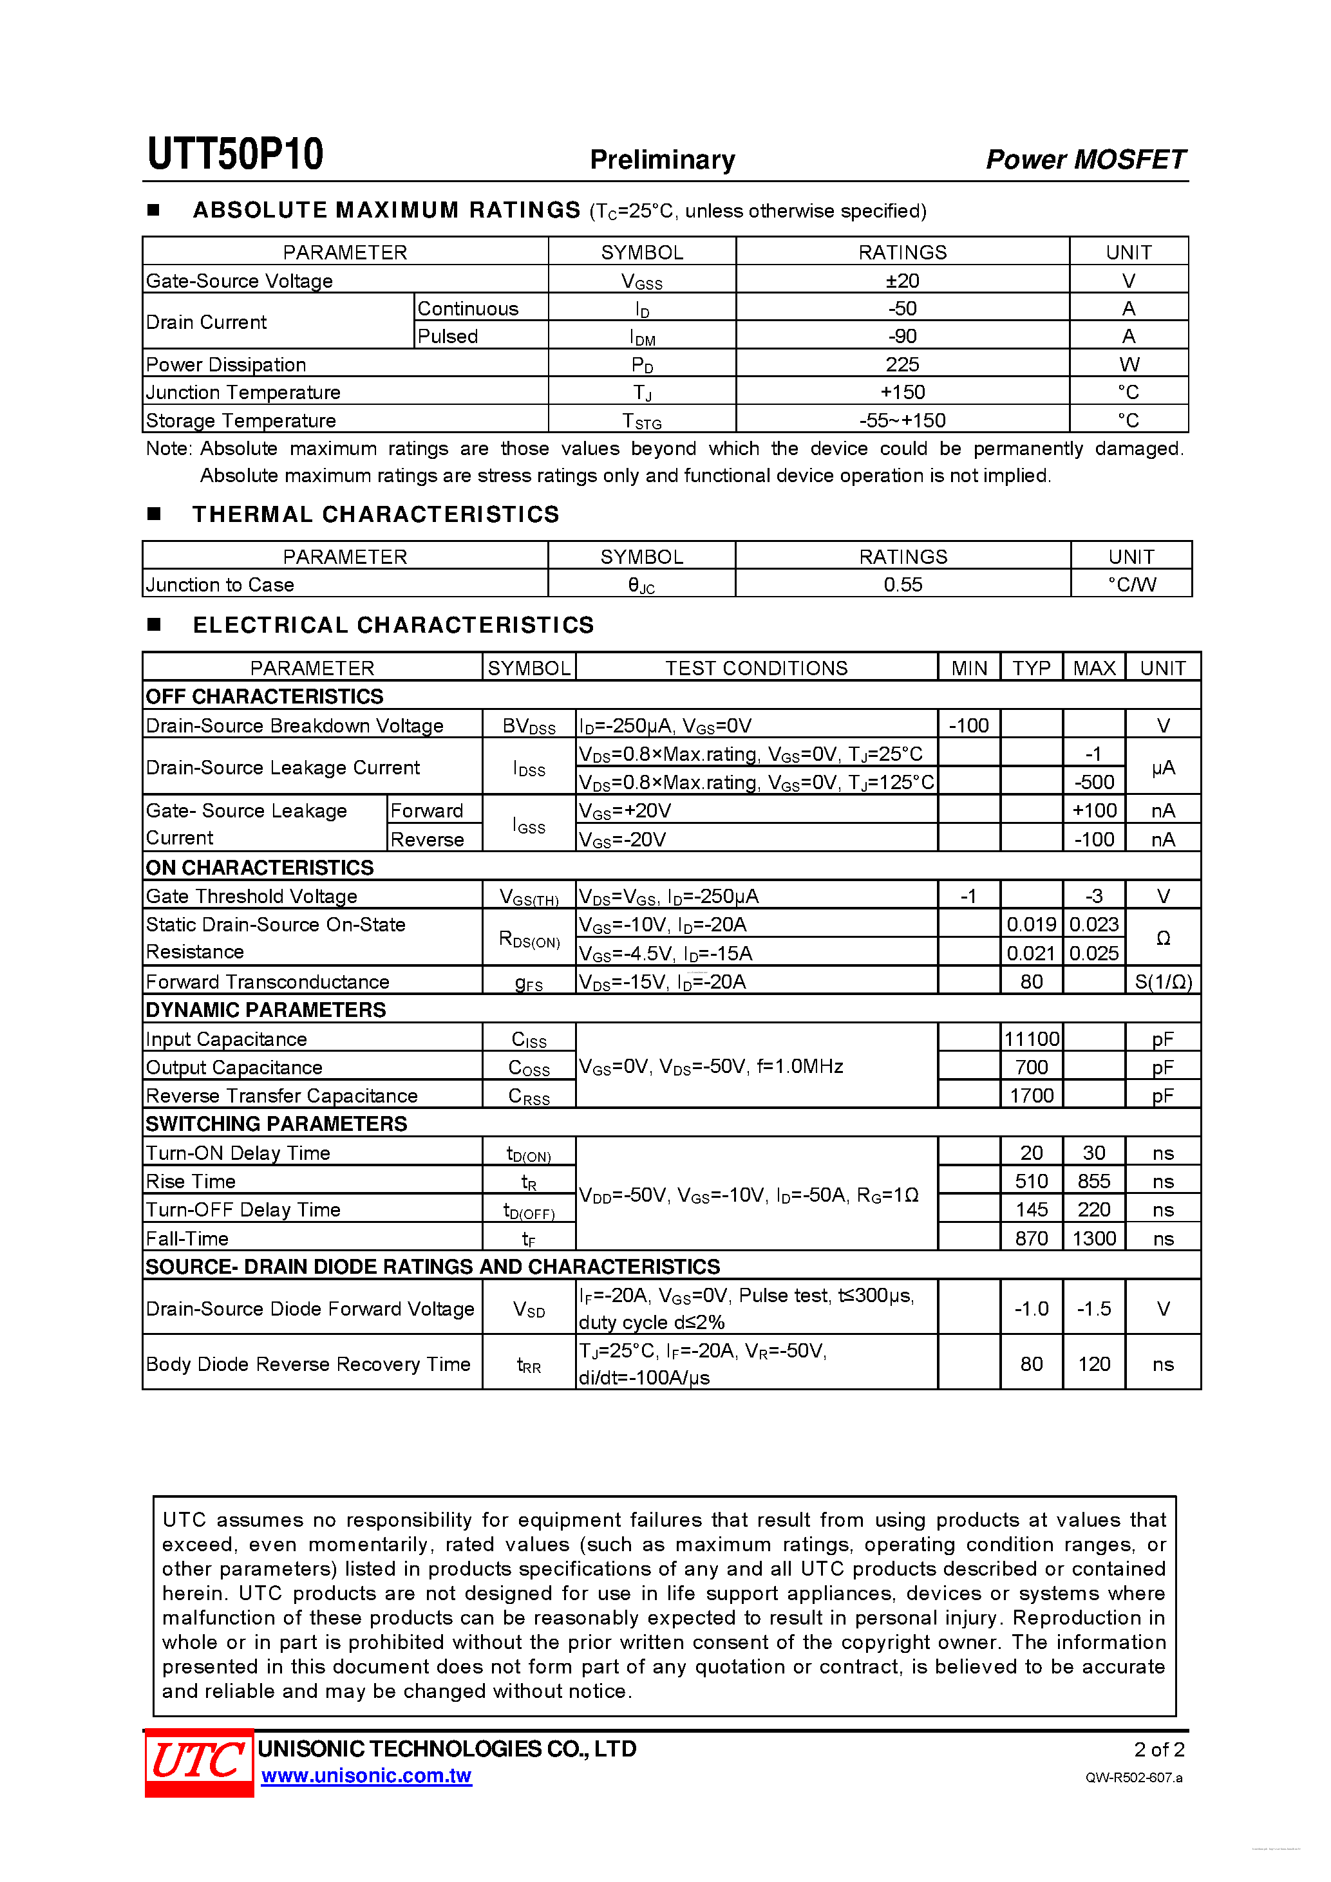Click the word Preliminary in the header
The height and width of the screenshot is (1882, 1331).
[x=662, y=160]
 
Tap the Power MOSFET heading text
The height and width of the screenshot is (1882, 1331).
[x=1085, y=159]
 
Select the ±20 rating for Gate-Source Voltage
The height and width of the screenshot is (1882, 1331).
[x=902, y=281]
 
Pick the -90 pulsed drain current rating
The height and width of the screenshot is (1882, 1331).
[x=902, y=336]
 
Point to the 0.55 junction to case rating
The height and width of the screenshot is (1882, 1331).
[x=903, y=584]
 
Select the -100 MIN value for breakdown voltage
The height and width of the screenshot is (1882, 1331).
[x=968, y=725]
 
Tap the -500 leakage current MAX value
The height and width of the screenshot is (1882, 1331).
[x=1094, y=782]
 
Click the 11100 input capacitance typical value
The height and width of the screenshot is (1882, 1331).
[x=1032, y=1039]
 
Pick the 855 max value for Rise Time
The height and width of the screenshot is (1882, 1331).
[x=1094, y=1181]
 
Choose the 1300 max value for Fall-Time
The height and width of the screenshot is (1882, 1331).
[x=1094, y=1238]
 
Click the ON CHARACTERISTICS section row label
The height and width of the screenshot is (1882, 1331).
[x=259, y=867]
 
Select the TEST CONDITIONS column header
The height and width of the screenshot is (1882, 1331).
[x=756, y=668]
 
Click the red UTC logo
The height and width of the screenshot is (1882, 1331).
[x=199, y=1762]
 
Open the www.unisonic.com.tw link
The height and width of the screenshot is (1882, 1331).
[x=366, y=1775]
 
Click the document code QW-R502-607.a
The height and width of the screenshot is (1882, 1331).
[x=1133, y=1778]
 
